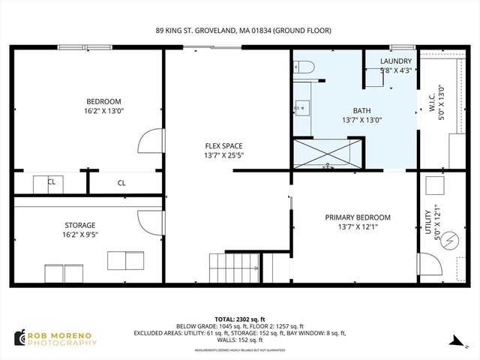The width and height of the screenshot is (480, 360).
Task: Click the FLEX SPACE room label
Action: click(x=223, y=146)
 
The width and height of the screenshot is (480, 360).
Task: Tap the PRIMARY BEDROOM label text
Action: click(x=358, y=217)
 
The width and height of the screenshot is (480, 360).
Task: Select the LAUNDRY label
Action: click(x=395, y=61)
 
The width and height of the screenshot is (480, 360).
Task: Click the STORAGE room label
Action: click(x=79, y=225)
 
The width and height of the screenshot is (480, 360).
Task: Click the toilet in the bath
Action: click(x=303, y=70)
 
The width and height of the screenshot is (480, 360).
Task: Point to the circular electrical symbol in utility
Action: click(x=449, y=241)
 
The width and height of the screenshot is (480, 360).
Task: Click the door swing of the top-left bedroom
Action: click(x=150, y=141)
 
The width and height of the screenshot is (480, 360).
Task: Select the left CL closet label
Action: click(x=52, y=182)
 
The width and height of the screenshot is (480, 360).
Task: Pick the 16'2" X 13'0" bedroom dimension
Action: click(x=103, y=110)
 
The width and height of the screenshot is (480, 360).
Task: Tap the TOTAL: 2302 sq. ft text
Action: click(x=239, y=319)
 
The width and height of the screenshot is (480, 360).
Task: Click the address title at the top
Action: click(x=243, y=31)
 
